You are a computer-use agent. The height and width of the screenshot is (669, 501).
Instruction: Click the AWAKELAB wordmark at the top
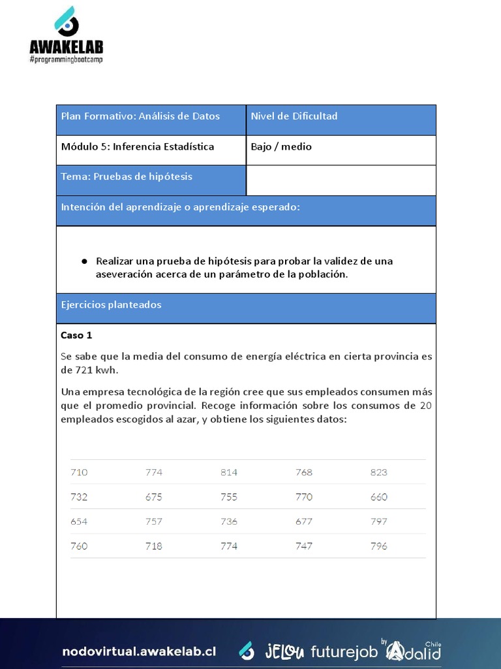point(66,47)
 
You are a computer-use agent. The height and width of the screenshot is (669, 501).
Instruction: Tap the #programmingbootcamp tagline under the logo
point(66,59)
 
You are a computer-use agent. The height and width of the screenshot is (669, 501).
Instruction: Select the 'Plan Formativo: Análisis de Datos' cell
point(140,116)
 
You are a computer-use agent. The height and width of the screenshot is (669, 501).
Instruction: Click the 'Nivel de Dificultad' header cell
point(294,116)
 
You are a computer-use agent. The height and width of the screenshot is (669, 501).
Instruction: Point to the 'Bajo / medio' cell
point(281,146)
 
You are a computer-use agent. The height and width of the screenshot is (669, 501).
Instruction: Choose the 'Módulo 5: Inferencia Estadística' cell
point(138,146)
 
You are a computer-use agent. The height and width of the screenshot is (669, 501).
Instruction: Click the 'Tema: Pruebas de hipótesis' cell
point(127,176)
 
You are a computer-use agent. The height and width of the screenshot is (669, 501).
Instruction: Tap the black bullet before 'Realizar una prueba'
point(84,261)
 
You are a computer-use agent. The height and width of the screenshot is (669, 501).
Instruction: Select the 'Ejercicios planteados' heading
point(111,304)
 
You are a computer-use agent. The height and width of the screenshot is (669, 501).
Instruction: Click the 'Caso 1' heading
point(76,335)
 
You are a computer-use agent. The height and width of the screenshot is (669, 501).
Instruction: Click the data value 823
point(378,472)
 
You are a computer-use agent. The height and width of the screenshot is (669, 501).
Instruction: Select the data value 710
point(79,472)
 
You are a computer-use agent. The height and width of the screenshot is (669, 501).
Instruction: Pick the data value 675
point(154,497)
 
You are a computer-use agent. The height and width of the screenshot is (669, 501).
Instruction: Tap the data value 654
point(79,521)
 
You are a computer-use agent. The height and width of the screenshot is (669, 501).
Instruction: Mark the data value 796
point(378,546)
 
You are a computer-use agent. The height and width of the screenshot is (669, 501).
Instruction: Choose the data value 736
point(229,521)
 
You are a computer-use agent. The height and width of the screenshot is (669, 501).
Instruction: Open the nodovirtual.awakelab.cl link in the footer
point(139,651)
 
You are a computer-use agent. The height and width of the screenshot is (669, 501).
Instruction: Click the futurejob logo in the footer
point(344,651)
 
